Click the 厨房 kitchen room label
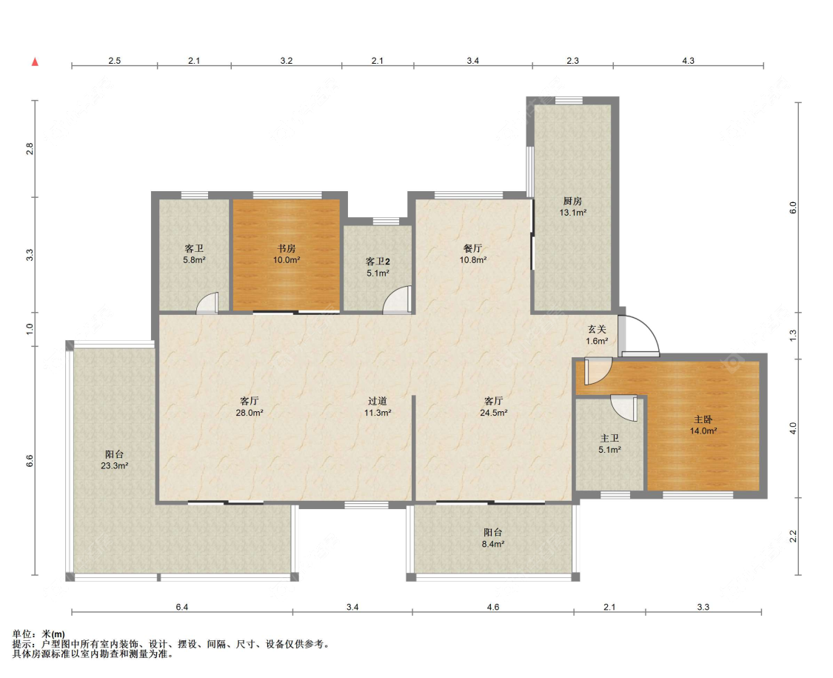pos(572,201)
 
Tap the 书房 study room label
pos(287,248)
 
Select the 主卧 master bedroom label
pos(703,419)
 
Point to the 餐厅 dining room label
pos(473,248)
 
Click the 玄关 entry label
pos(597,330)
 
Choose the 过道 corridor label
pos(377,401)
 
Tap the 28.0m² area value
pos(250,413)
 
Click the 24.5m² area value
pos(494,413)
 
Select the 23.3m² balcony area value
pos(115,466)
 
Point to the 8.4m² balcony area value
pos(493,544)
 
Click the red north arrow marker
pos(35,62)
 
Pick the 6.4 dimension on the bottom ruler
pos(182,607)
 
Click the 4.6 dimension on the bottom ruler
pos(493,607)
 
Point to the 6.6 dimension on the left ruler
pos(30,460)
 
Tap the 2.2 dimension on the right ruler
pos(793,536)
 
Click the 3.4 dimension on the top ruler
pos(473,61)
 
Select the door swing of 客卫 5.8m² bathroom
pos(206,303)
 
